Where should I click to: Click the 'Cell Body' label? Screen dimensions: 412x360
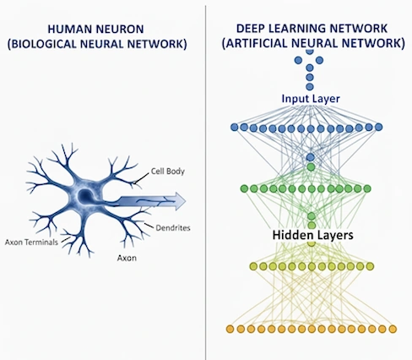[x=168, y=171]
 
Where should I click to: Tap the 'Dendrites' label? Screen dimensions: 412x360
[x=173, y=227]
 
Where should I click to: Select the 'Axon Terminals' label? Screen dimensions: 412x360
[x=31, y=242]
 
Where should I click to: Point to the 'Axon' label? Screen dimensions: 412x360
[x=127, y=258]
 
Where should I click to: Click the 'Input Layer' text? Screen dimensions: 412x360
[x=311, y=99]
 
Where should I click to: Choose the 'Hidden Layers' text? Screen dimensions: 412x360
[x=312, y=235]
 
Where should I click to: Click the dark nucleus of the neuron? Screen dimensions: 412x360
[x=84, y=196]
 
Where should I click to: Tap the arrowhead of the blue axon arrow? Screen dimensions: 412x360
[x=180, y=201]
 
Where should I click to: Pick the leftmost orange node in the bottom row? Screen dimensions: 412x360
[x=230, y=329]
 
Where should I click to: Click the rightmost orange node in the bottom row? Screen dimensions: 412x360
[x=393, y=329]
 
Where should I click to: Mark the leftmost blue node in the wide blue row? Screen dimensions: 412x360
[x=235, y=127]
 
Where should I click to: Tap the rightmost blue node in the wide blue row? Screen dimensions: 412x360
[x=379, y=127]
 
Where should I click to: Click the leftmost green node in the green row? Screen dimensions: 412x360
[x=244, y=188]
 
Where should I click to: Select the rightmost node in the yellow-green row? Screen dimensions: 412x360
[x=370, y=266]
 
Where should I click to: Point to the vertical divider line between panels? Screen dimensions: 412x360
[x=205, y=183]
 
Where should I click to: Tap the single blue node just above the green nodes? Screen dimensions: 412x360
[x=311, y=157]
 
